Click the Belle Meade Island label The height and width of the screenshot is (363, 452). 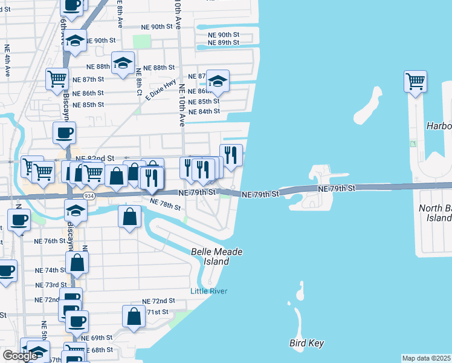click(210, 257)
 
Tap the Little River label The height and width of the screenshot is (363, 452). click(208, 291)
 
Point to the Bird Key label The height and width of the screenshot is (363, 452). click(306, 344)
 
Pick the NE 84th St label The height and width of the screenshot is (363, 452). click(204, 112)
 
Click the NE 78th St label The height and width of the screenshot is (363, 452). click(165, 204)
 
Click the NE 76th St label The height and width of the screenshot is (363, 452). click(50, 241)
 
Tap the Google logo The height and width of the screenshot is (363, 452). click(20, 356)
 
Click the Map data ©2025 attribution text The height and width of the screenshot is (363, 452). click(427, 358)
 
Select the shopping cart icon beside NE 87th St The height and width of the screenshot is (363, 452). click(57, 79)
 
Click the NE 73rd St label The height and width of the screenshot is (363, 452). click(51, 285)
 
